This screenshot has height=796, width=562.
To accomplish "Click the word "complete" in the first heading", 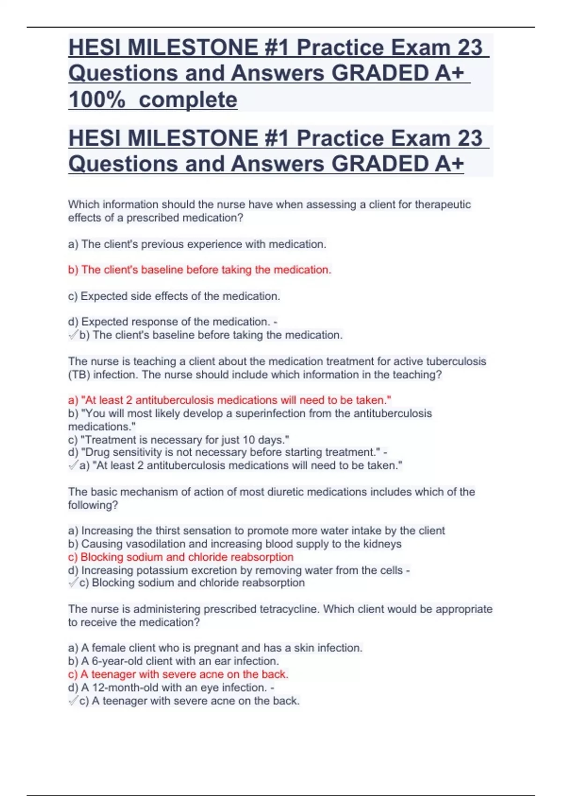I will pyautogui.click(x=188, y=99).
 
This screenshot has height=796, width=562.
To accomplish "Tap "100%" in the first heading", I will pyautogui.click(x=97, y=99).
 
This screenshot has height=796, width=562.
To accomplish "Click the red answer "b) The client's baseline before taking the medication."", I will pyautogui.click(x=200, y=270).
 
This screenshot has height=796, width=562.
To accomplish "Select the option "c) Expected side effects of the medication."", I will pyautogui.click(x=174, y=296).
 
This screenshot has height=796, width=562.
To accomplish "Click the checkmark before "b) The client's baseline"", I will pyautogui.click(x=73, y=335).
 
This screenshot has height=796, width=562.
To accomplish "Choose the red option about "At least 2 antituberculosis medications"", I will pyautogui.click(x=229, y=400).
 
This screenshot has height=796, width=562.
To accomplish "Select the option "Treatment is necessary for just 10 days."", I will pyautogui.click(x=179, y=440).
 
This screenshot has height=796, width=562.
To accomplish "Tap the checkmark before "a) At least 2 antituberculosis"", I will pyautogui.click(x=73, y=465).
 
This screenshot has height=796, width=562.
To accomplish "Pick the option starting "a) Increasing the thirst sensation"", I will pyautogui.click(x=256, y=531).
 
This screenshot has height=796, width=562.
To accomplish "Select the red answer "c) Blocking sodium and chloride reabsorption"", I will pyautogui.click(x=181, y=557).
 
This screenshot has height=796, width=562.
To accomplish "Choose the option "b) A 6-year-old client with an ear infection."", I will pyautogui.click(x=173, y=661).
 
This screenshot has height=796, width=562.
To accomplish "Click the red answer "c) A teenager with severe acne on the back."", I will pyautogui.click(x=178, y=674).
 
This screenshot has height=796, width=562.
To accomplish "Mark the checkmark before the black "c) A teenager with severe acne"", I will pyautogui.click(x=73, y=701).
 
